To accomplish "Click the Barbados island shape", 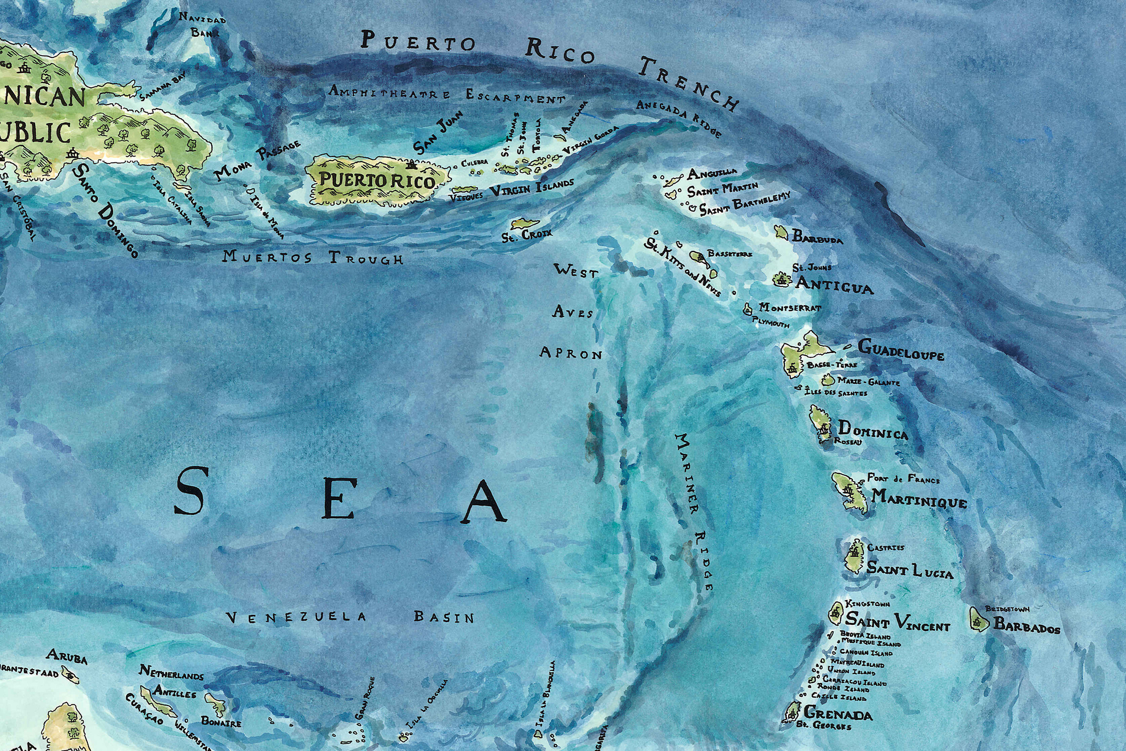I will coord(978,620).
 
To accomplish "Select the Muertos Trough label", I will coord(312,258).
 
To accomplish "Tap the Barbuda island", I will coord(781,233).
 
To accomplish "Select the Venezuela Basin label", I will coord(349,617).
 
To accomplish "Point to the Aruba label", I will coord(66,656).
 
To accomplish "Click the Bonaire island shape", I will coord(216,704).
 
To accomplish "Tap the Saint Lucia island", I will coord(855,557).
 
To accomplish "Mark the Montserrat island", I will coord(747,309).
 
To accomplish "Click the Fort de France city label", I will coord(903,478).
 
